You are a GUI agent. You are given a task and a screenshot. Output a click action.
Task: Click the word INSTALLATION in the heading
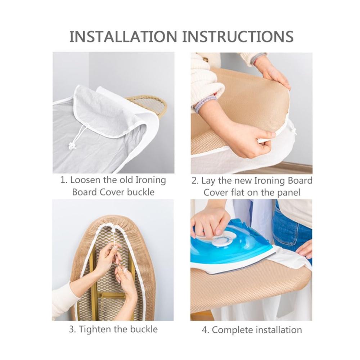(123, 36)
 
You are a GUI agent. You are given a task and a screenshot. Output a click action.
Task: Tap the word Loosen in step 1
(85, 180)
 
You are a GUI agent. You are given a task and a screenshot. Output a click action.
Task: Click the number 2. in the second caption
(195, 181)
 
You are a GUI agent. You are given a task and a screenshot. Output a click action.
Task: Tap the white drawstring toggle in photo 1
(71, 145)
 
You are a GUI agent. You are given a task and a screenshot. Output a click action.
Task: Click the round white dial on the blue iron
(222, 240)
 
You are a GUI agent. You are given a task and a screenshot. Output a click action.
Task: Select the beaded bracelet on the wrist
(206, 103)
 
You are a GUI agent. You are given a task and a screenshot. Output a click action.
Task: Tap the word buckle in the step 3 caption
(144, 329)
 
